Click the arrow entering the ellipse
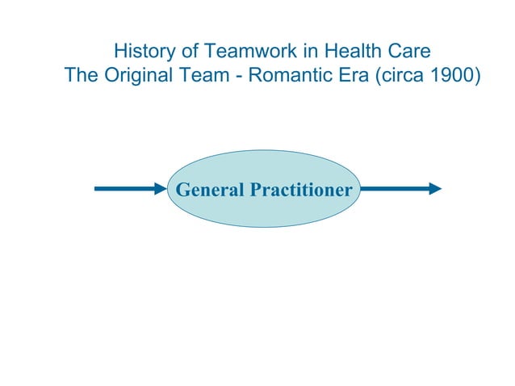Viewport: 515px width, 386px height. [x=129, y=189]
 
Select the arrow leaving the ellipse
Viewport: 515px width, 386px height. [x=400, y=189]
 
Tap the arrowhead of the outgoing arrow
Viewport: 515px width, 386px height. [x=435, y=189]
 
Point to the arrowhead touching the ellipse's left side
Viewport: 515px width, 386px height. [x=159, y=189]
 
